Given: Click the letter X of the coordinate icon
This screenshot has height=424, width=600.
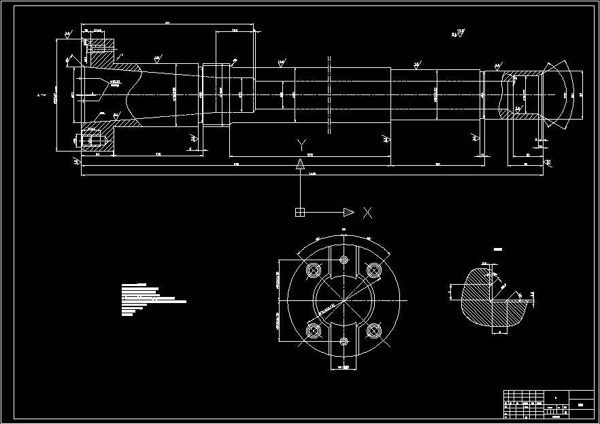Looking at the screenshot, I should coord(367,213).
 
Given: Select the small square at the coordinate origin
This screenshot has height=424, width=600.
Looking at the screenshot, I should coord(299,213).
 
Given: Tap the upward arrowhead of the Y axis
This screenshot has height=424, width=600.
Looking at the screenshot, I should coord(299,163).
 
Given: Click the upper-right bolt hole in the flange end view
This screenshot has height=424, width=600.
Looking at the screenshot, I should coord(373,270).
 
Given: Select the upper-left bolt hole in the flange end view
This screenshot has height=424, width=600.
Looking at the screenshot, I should coord(314,270).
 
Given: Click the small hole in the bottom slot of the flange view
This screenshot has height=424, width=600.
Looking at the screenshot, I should coord(344,341).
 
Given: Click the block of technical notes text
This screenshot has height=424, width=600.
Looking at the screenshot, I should coord(151,299).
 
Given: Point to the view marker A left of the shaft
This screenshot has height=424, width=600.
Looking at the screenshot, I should coord(39,94).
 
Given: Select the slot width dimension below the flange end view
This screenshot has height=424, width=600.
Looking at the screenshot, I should coord(344,368).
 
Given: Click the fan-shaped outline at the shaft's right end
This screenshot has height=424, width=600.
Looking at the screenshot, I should coord(562,94).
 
